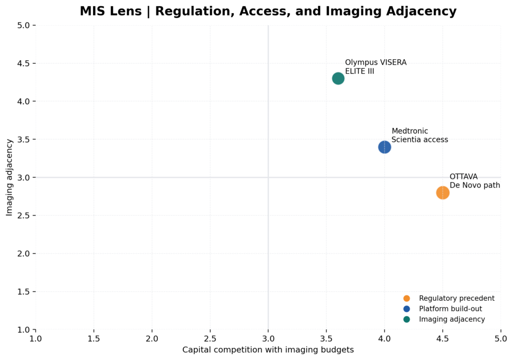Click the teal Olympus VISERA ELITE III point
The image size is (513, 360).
338,79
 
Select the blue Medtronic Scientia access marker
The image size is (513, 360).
384,147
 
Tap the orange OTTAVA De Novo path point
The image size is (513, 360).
442,193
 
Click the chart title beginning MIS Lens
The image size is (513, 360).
268,11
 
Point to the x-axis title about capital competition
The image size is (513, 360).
268,349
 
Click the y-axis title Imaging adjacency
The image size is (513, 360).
9,177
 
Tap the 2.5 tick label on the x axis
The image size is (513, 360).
210,338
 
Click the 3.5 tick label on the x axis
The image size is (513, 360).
326,338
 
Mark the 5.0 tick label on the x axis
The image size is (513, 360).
500,338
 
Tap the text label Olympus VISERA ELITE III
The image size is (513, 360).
376,67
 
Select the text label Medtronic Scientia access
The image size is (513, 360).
420,135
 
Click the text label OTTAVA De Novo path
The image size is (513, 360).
474,181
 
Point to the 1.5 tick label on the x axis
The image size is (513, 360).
94,338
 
